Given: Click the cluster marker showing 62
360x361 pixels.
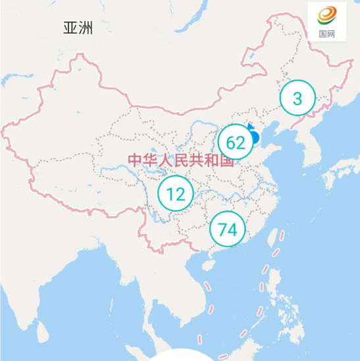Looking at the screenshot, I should tap(236, 142).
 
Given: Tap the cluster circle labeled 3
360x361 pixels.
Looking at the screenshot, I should tap(297, 99).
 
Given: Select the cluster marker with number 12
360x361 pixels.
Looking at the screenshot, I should tap(176, 194).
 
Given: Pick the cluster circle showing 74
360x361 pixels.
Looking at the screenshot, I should tap(227, 229).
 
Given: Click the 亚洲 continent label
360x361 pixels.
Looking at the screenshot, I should tap(78, 28).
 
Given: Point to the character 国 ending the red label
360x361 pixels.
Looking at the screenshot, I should tap(227, 160).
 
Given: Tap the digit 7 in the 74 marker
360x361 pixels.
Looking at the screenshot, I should tap(222, 229).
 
